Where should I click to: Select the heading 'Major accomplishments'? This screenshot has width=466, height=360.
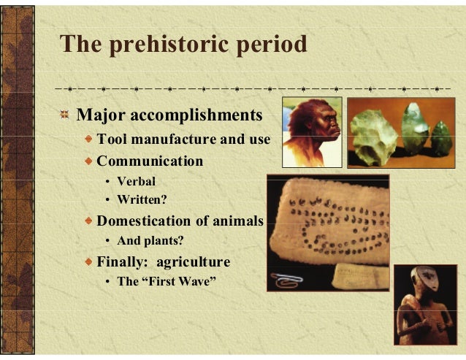tap(169, 115)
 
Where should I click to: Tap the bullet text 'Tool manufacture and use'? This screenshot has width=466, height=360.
tap(183, 139)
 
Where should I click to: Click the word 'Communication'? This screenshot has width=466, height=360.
tap(150, 161)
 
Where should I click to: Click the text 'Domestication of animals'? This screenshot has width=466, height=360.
tap(180, 221)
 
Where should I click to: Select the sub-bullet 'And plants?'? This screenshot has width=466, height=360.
tap(150, 241)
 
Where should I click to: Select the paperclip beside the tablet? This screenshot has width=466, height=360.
tap(285, 277)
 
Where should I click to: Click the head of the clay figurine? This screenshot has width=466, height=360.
tap(419, 282)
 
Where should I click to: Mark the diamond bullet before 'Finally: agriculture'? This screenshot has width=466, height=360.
tap(88, 261)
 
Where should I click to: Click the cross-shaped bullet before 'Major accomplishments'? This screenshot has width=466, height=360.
tap(66, 115)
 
